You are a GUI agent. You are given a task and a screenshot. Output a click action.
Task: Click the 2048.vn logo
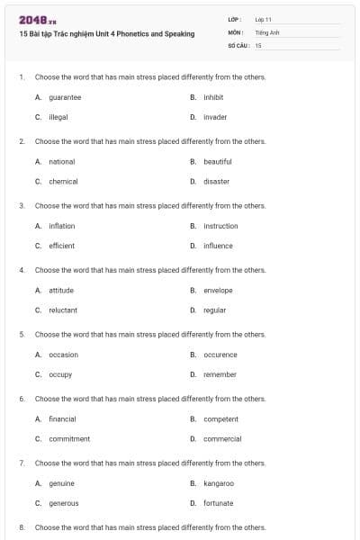pyautogui.click(x=37, y=20)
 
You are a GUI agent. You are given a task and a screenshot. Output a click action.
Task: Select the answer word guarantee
pyautogui.click(x=65, y=97)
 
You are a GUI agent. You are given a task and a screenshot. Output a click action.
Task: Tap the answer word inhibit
pyautogui.click(x=213, y=97)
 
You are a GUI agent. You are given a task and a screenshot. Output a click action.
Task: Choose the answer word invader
pyautogui.click(x=215, y=117)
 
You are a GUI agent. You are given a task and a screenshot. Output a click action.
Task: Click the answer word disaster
pyautogui.click(x=216, y=182)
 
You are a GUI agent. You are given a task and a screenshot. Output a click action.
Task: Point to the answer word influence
pyautogui.click(x=218, y=246)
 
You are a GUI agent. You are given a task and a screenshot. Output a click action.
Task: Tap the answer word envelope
pyautogui.click(x=218, y=291)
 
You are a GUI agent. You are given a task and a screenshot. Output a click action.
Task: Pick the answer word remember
pyautogui.click(x=220, y=374)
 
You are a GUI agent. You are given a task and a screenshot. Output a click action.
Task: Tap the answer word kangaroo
pyautogui.click(x=219, y=483)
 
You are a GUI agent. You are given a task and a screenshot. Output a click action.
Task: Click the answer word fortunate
pyautogui.click(x=219, y=503)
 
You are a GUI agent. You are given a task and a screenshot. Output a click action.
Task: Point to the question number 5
pyautogui.click(x=21, y=335)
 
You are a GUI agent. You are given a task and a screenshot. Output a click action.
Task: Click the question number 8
pyautogui.click(x=21, y=527)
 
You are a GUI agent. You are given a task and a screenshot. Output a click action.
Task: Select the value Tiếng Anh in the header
pyautogui.click(x=268, y=31)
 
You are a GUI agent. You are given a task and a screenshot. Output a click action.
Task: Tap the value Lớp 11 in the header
pyautogui.click(x=264, y=19)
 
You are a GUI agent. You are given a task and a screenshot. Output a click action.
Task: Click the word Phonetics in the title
pyautogui.click(x=133, y=33)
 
